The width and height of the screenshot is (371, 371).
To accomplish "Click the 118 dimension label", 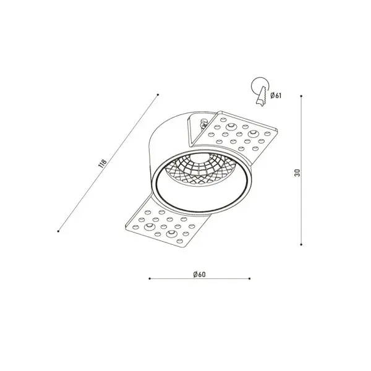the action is click(103, 164).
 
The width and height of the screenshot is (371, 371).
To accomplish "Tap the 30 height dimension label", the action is click(297, 173).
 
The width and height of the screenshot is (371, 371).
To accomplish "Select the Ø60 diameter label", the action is click(200, 275).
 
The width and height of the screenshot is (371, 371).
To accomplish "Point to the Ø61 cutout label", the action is click(276, 95).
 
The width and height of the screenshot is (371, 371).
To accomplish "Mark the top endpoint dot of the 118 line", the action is click(158, 95).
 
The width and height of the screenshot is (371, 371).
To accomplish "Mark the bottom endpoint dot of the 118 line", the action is click(58, 231).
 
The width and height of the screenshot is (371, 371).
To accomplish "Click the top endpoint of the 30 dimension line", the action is click(301, 96).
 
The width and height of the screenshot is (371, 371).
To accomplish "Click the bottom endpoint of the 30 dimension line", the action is click(301, 244).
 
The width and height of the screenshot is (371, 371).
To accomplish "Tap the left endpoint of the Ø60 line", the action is click(150, 278).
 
